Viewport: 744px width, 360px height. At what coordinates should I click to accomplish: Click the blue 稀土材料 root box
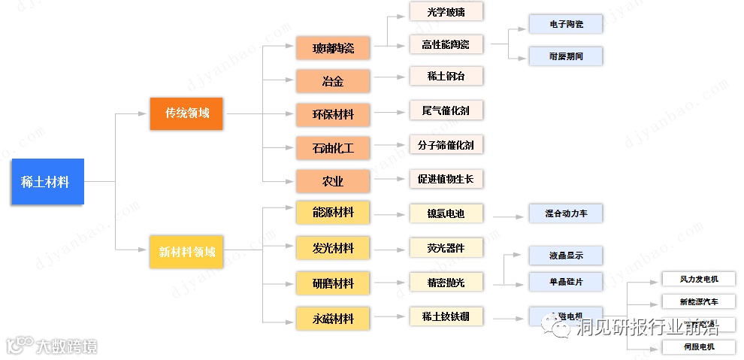coord(47,182)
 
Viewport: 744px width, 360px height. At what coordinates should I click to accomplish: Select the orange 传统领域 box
coord(186,113)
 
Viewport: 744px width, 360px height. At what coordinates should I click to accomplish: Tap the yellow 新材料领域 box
coord(186,252)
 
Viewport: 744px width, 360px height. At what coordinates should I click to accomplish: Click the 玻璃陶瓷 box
coord(333,49)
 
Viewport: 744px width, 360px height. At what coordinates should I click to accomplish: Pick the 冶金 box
coord(333,80)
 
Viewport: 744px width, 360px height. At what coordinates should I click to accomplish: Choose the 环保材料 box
coord(333,114)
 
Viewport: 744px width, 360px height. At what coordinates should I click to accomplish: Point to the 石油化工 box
coord(333,147)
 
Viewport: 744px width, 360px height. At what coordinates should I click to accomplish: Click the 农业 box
coord(333,181)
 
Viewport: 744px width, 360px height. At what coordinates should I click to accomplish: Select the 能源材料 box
coord(333,213)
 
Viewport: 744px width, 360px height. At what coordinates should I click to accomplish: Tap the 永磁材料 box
coord(333,318)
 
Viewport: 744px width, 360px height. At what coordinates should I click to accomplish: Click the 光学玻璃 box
coord(446,11)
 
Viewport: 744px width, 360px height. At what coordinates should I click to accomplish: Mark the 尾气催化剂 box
coord(446,110)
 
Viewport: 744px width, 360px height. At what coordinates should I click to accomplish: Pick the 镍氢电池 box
coord(446,213)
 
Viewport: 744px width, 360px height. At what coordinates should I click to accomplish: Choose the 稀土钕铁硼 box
coord(446,316)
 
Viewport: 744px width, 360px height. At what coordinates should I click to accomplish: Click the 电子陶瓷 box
coord(566,24)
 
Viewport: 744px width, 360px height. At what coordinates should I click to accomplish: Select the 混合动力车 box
coord(566,213)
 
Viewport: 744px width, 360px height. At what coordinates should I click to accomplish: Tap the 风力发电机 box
coord(698,279)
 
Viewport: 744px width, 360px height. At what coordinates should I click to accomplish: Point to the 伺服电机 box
coord(698,346)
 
